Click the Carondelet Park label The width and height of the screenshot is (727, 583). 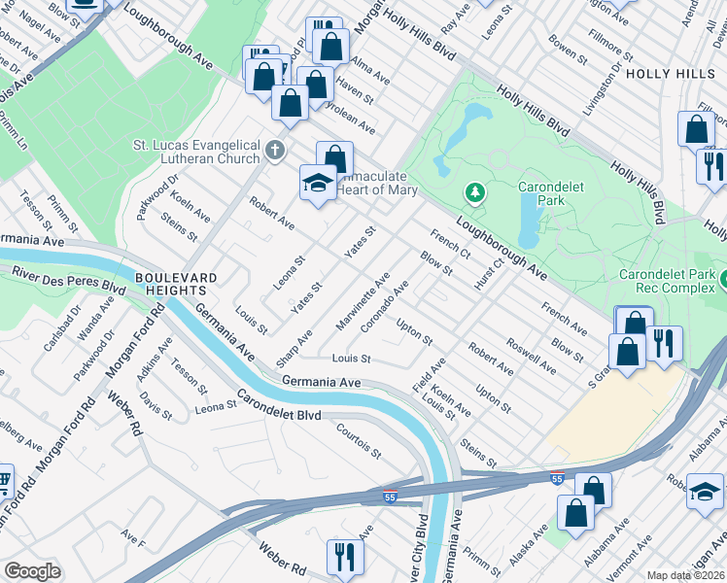[555, 194]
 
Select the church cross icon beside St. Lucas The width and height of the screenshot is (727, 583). [276, 151]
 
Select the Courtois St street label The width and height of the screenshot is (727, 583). [357, 440]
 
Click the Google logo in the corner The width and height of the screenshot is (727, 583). [32, 571]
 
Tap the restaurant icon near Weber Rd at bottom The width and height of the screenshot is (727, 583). [344, 556]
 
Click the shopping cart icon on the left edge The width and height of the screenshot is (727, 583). [4, 481]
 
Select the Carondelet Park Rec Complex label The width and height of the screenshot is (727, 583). [672, 281]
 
